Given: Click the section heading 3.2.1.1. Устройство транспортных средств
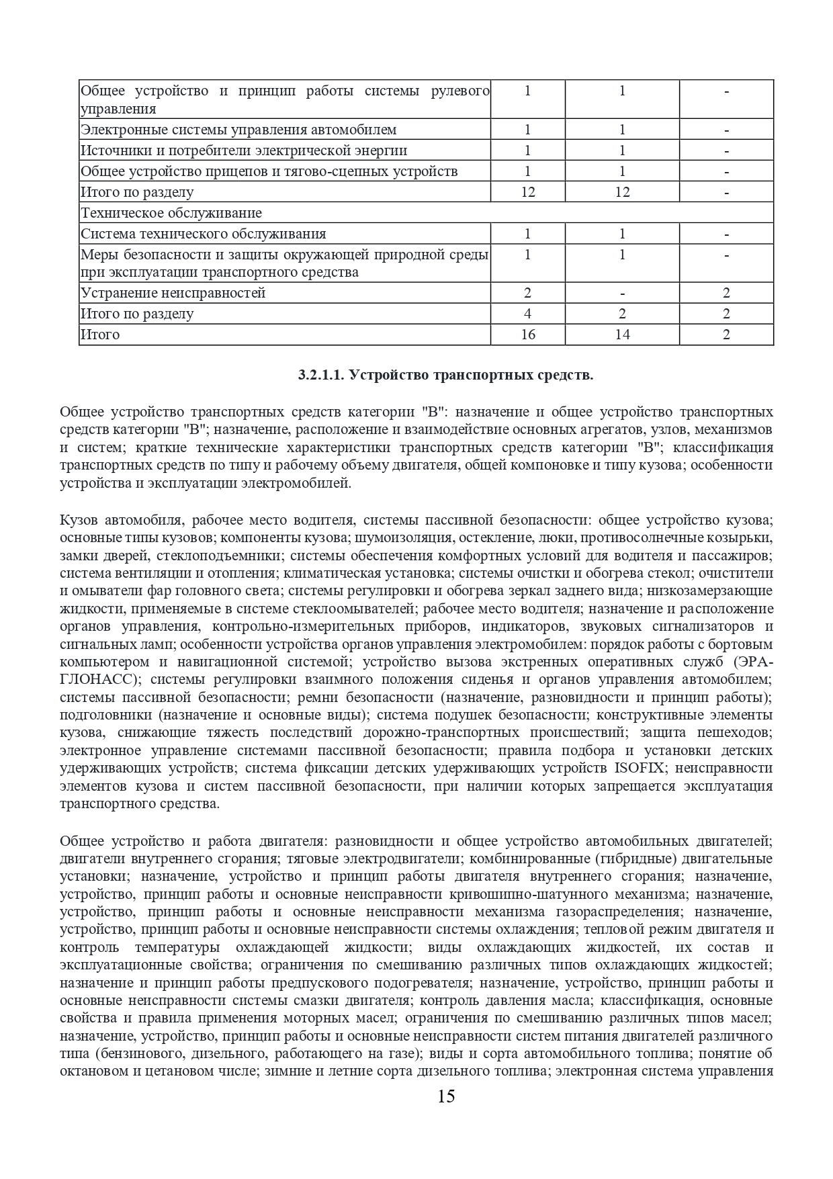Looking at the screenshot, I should point(445,376).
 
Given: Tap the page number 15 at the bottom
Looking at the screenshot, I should point(446,1097).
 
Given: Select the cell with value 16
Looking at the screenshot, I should point(528,334).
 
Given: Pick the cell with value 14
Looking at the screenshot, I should point(622,334).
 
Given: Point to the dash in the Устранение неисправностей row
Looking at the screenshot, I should point(622,293).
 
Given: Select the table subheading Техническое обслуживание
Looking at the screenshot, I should point(171,213).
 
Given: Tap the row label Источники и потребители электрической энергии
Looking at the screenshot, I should point(244,150).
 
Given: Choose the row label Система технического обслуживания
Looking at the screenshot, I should point(204,234).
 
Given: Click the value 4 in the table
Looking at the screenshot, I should point(528,314).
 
